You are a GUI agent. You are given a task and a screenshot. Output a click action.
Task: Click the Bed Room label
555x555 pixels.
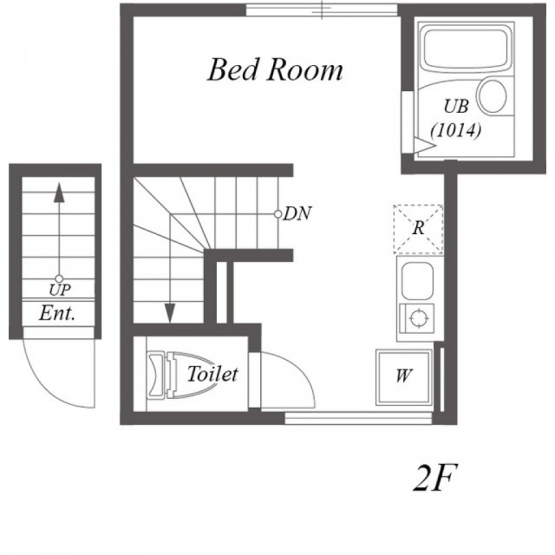point(275,69)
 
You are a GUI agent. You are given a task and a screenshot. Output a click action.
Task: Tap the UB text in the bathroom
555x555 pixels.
point(456,106)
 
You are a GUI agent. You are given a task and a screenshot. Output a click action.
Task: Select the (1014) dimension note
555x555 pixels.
point(456,130)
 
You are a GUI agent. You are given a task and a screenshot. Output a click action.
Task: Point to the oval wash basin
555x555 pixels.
point(493,95)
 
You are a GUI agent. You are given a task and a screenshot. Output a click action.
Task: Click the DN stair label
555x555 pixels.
point(297,214)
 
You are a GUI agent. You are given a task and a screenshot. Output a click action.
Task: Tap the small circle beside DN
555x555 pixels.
point(277,214)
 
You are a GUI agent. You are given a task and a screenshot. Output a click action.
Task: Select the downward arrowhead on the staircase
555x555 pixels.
point(170,313)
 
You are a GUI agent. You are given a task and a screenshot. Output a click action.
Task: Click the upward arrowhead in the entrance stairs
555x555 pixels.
point(59,193)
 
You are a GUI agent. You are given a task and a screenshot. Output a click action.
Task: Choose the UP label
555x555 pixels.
point(60,291)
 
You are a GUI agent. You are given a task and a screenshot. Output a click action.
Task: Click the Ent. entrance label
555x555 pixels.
point(57,313)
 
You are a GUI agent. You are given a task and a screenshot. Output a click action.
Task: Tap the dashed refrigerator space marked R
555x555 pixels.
point(418,229)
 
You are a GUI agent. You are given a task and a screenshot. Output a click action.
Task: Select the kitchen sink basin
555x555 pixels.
point(417,281)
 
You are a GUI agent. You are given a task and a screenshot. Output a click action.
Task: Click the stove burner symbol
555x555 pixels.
point(418,317)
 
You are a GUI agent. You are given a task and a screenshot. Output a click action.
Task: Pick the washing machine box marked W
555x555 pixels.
point(404,376)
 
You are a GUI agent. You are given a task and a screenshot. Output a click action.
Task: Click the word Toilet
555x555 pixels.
point(212,374)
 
